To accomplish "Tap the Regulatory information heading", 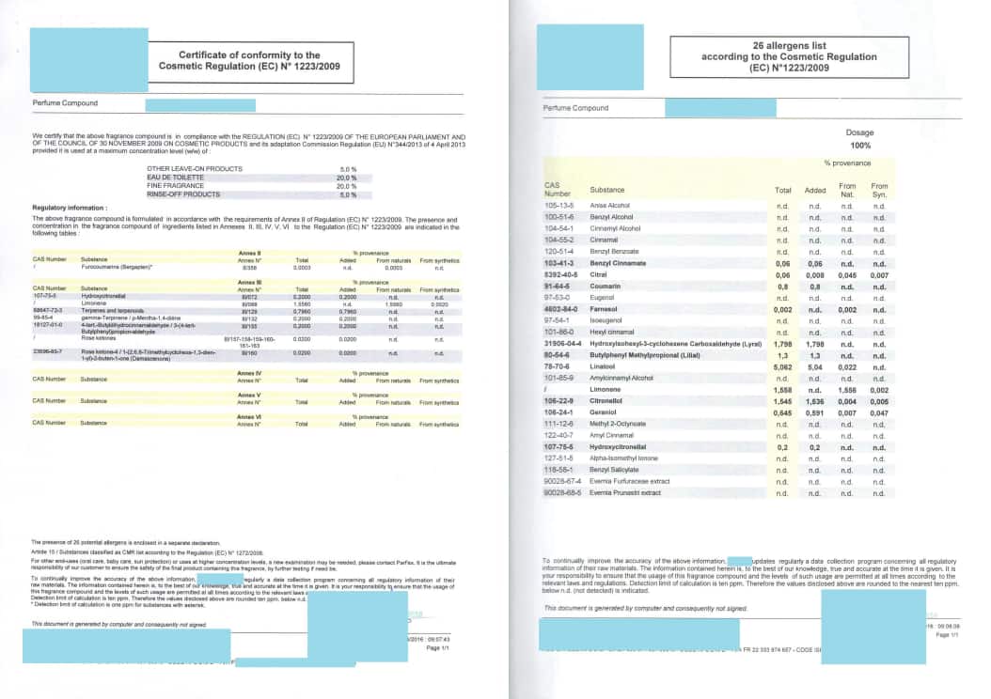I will [70, 208].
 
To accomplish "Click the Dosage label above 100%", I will [859, 133].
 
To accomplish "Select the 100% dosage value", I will [859, 145].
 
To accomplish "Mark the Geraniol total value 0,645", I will [782, 412].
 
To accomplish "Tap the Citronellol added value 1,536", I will [815, 399].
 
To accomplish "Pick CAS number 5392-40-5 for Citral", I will [561, 275].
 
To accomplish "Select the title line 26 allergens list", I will [776, 45].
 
